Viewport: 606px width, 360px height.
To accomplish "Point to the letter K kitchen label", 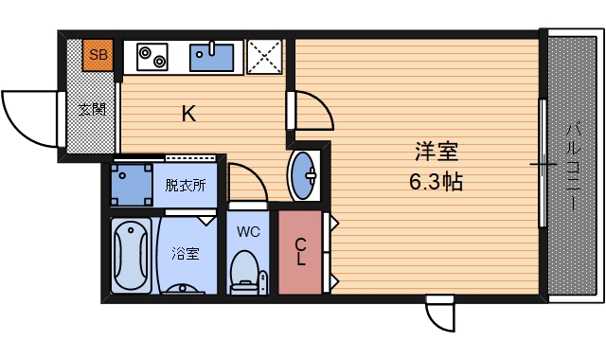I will coord(188,115).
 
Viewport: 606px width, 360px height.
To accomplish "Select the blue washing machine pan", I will coord(130,184).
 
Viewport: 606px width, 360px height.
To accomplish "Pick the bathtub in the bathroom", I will coord(131,254).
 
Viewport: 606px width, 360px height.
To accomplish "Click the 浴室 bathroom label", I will coord(186,254).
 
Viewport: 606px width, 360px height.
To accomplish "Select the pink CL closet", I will coord(299,251).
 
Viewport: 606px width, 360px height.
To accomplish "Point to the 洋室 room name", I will coord(436,151).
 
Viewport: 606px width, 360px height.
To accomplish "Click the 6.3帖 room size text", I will coord(436,181).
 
